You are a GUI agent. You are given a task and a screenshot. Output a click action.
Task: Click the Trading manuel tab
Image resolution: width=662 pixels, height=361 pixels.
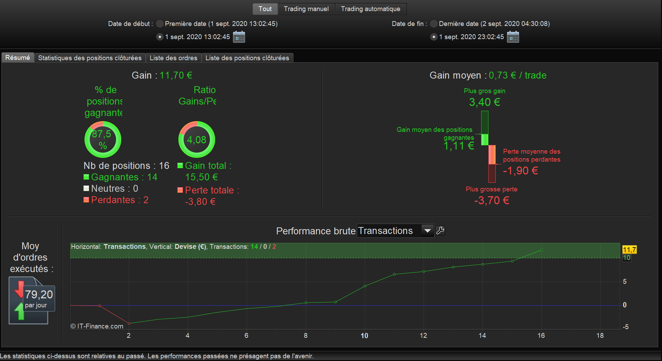pyautogui.click(x=306, y=9)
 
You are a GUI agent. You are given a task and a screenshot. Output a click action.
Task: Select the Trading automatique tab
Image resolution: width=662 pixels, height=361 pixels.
pyautogui.click(x=370, y=9)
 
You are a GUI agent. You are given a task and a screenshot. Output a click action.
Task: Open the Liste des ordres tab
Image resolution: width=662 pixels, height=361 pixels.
pyautogui.click(x=173, y=58)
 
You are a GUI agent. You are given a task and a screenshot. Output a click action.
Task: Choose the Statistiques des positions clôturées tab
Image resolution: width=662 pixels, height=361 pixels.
pyautogui.click(x=90, y=58)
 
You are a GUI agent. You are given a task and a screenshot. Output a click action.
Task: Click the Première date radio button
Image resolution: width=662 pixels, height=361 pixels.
pyautogui.click(x=160, y=24)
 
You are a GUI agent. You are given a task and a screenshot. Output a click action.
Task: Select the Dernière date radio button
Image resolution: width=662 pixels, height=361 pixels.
pyautogui.click(x=434, y=24)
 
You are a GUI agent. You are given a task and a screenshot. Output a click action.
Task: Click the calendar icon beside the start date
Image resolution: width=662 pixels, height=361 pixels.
pyautogui.click(x=239, y=37)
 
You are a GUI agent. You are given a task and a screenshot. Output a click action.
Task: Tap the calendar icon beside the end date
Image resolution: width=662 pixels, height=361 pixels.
pyautogui.click(x=513, y=37)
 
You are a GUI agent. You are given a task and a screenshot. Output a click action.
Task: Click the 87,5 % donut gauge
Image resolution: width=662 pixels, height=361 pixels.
pyautogui.click(x=103, y=139)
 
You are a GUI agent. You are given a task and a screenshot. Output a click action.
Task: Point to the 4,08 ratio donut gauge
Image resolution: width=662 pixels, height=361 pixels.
pyautogui.click(x=197, y=139)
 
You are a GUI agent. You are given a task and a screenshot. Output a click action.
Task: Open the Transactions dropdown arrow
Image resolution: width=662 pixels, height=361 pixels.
pyautogui.click(x=427, y=231)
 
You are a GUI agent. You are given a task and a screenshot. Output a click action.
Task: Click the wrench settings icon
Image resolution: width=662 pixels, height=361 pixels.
pyautogui.click(x=440, y=231)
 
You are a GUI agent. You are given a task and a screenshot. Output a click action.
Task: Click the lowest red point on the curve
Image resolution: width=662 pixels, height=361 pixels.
pyautogui.click(x=129, y=324)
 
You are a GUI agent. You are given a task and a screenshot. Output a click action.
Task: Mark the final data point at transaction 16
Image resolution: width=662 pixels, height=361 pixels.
pyautogui.click(x=541, y=250)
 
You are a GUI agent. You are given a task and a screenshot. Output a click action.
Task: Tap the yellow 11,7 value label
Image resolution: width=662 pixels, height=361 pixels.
pyautogui.click(x=629, y=250)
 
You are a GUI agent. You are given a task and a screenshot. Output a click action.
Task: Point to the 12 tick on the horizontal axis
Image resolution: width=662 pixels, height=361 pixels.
pyautogui.click(x=423, y=335)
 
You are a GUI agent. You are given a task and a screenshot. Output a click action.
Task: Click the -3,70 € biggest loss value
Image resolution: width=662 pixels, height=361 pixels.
pyautogui.click(x=492, y=200)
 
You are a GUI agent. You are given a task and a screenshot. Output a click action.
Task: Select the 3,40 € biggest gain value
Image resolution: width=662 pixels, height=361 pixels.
pyautogui.click(x=485, y=102)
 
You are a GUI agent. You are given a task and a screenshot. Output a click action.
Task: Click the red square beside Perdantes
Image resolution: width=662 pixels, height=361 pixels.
pyautogui.click(x=86, y=200)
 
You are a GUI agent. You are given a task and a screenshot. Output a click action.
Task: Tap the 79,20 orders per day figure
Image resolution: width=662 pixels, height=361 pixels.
pyautogui.click(x=39, y=295)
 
